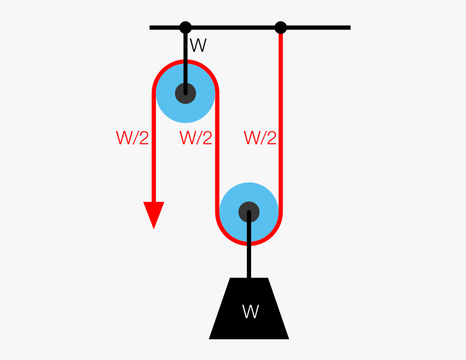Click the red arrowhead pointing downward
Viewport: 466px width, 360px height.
coord(154,213)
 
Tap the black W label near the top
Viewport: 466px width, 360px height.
coord(198,46)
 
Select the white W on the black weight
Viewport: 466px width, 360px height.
coord(250,311)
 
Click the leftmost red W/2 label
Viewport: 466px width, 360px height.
coord(133,138)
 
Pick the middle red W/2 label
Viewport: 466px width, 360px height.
coord(196,138)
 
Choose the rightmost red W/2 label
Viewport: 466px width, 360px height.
coord(260,138)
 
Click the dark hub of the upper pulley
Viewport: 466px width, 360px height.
coord(185,93)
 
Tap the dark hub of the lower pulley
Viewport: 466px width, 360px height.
coord(249,212)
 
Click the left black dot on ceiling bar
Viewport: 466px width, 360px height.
coord(185,27)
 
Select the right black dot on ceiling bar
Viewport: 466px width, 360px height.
coord(281,27)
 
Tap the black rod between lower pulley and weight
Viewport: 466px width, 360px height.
coord(249,259)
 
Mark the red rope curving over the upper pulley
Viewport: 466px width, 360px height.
coord(185,62)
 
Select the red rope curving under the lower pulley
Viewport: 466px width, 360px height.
coord(249,243)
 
